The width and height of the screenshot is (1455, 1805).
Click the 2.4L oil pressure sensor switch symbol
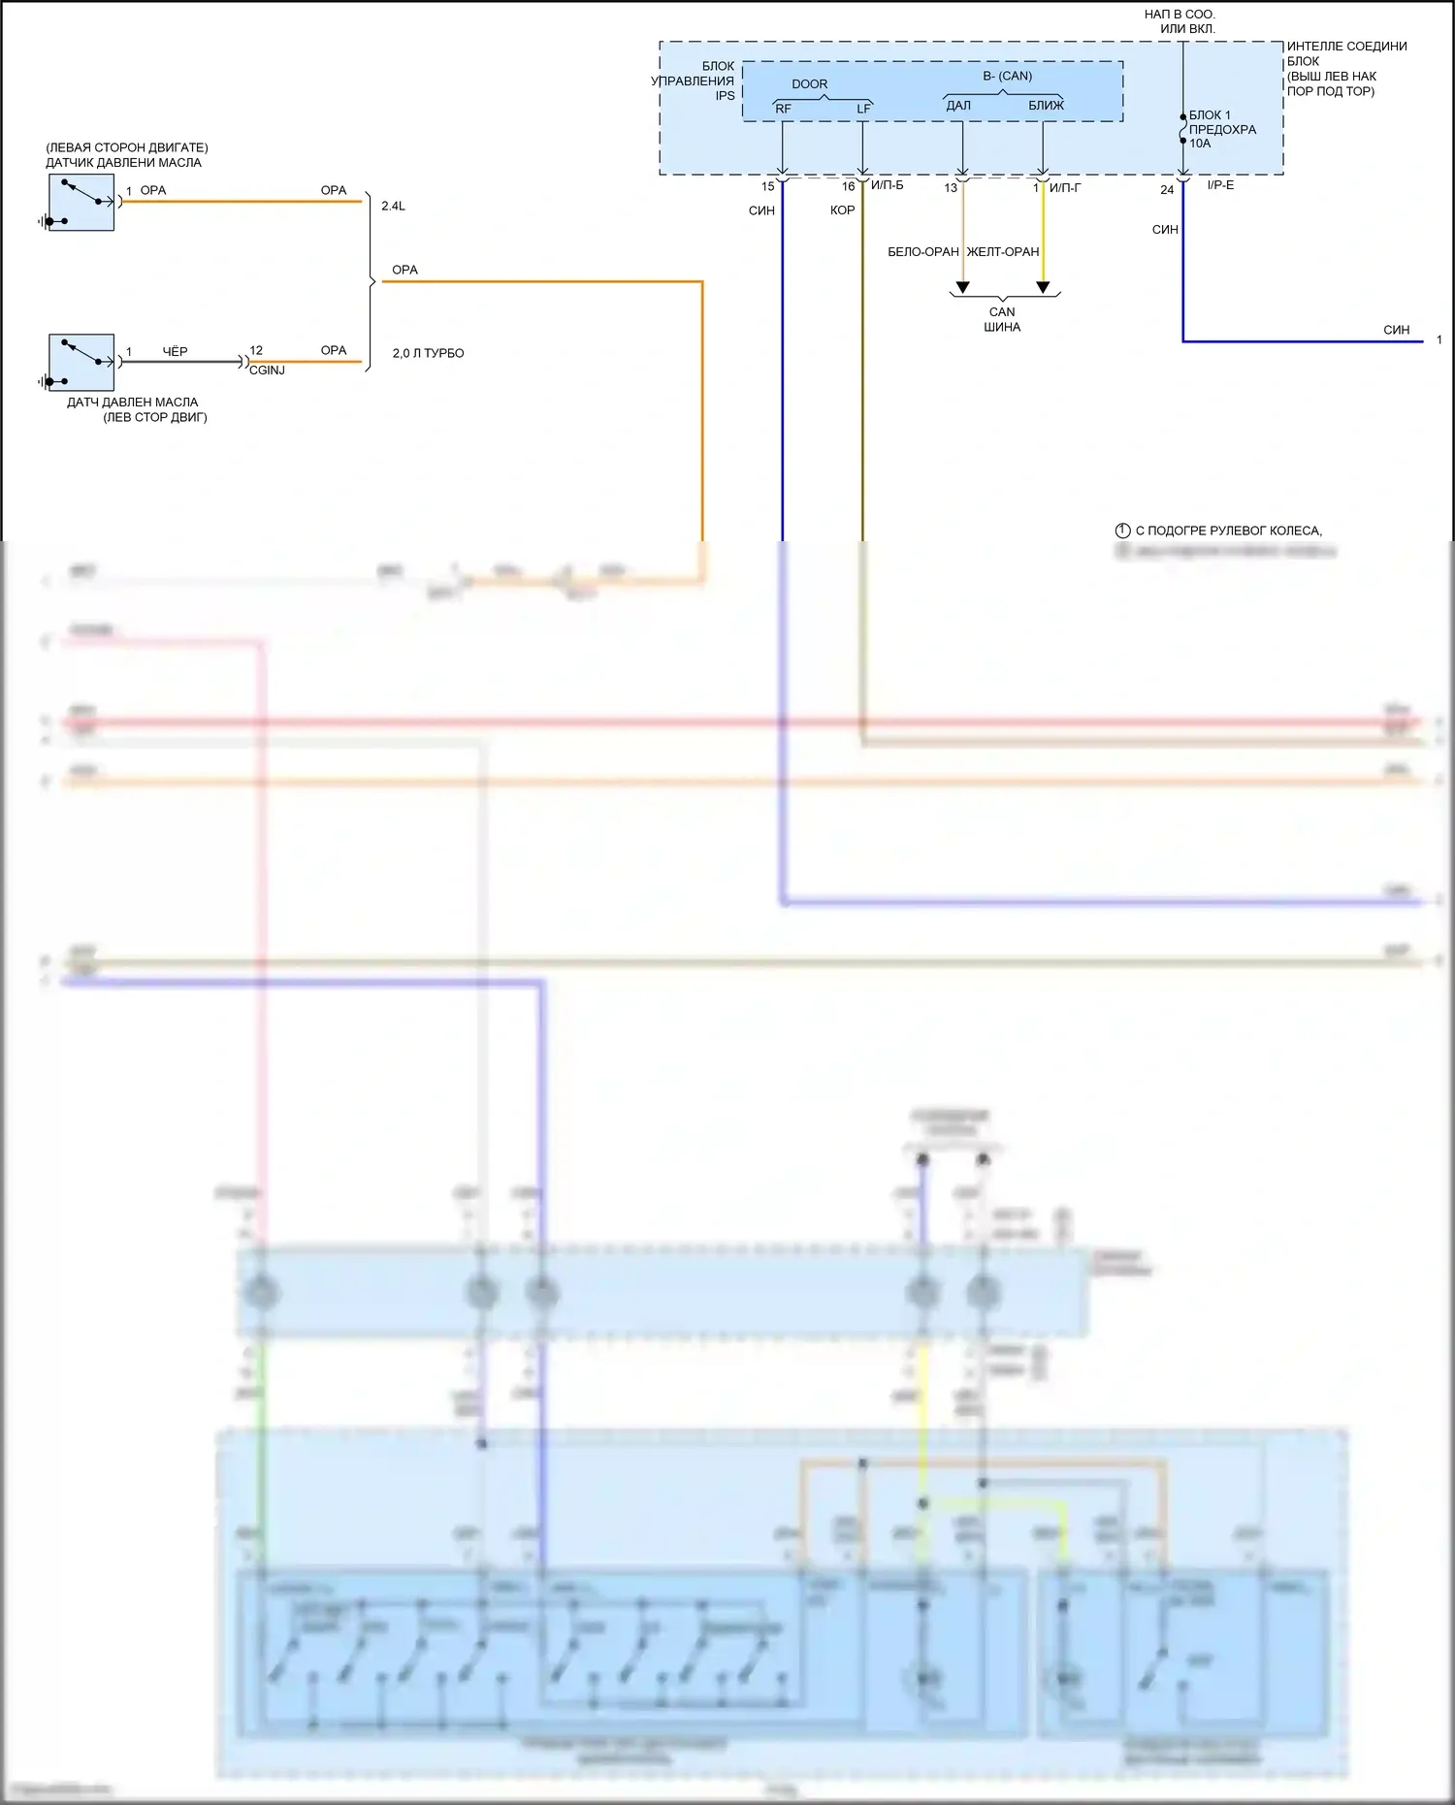pos(81,202)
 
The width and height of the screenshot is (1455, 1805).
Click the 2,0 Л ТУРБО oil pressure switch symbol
pos(81,362)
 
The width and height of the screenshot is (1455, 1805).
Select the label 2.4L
pos(393,207)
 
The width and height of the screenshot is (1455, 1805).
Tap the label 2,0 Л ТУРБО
pos(428,354)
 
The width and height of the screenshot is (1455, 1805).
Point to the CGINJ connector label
pos(267,371)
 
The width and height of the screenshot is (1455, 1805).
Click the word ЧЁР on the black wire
pos(175,352)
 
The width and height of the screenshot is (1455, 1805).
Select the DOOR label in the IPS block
pos(809,84)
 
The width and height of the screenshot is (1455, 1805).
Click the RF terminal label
pos(783,109)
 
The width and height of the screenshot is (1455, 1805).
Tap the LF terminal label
pos(863,109)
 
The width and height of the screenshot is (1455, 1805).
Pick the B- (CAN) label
pos(1007,76)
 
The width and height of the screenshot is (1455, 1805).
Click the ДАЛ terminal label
pos(958,106)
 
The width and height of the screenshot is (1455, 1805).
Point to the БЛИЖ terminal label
pos(1046,106)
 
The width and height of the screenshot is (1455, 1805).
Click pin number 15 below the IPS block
pos(768,187)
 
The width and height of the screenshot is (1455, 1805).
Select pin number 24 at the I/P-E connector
pos(1167,190)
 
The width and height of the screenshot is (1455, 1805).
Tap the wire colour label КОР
pos(842,210)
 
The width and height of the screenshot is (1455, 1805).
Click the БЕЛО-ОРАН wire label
pos(922,252)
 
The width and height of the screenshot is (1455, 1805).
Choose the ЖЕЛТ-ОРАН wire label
pos(1003,252)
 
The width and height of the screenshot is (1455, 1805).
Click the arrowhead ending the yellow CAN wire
pos(1043,287)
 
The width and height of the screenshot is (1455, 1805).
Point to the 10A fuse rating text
pos(1200,144)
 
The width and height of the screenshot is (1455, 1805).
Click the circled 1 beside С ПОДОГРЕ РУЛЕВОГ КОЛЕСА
pos(1122,531)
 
